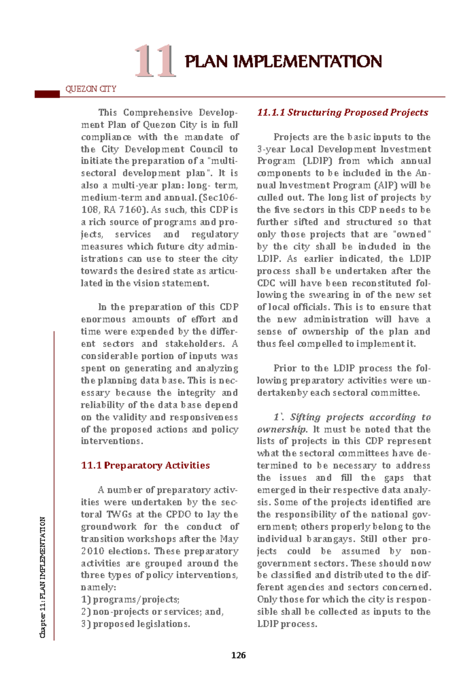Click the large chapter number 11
155,61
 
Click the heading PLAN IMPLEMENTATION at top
283,62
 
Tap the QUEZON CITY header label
91,89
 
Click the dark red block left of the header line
47,94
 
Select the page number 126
238,655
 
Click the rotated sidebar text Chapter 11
43,577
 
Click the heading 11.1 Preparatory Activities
145,465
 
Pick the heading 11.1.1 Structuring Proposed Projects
343,113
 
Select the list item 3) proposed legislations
136,624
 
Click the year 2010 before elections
92,551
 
